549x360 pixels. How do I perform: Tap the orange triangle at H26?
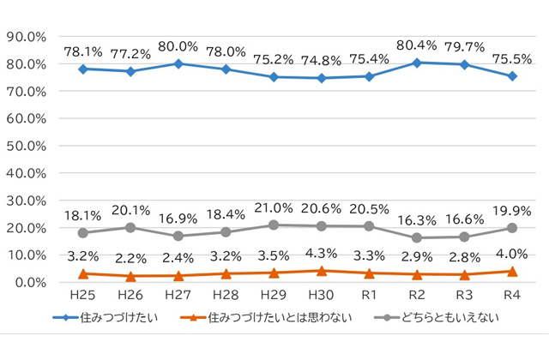click(x=131, y=276)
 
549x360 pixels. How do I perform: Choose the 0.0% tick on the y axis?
click(x=28, y=282)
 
